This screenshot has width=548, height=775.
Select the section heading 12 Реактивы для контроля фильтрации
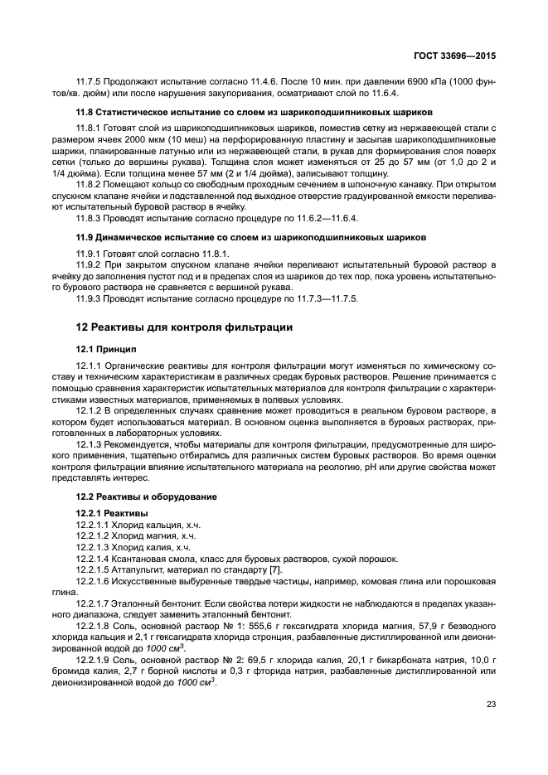pyautogui.click(x=183, y=327)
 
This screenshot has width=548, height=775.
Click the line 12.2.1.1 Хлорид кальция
pyautogui.click(x=138, y=526)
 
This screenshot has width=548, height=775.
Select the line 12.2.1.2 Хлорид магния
pyautogui.click(x=136, y=537)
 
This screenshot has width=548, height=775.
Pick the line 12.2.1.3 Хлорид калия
pyautogui.click(x=134, y=548)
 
